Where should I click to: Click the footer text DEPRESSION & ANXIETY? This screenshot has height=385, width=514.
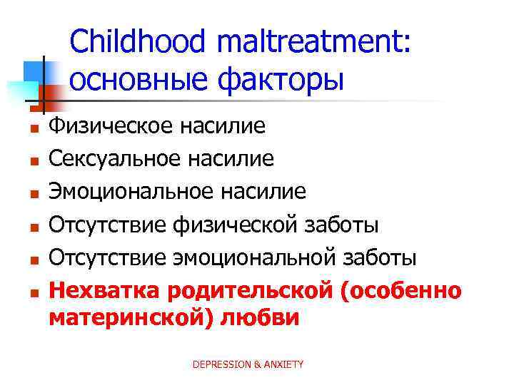pyautogui.click(x=248, y=364)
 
